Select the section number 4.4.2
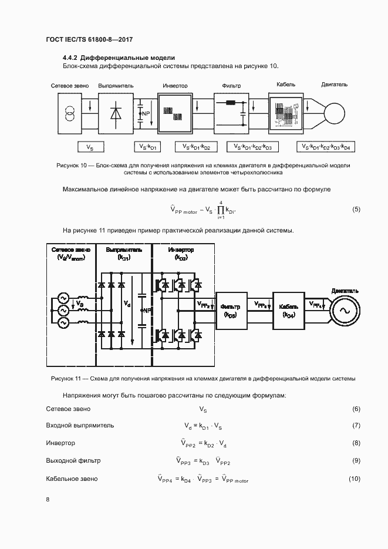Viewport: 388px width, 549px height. pyautogui.click(x=70, y=58)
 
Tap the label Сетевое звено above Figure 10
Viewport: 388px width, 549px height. pyautogui.click(x=70, y=86)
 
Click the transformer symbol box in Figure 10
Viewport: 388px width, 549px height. pyautogui.click(x=70, y=112)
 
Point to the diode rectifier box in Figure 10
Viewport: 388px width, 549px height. pyautogui.click(x=115, y=112)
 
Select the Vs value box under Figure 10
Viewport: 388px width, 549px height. pyautogui.click(x=90, y=147)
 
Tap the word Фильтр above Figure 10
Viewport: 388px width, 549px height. pyautogui.click(x=231, y=86)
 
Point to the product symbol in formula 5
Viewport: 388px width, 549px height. pyautogui.click(x=221, y=210)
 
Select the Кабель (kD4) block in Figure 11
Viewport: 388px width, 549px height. pyautogui.click(x=288, y=311)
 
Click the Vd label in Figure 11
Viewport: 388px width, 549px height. pyautogui.click(x=128, y=304)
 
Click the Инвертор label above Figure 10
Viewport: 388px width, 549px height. pyautogui.click(x=175, y=86)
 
